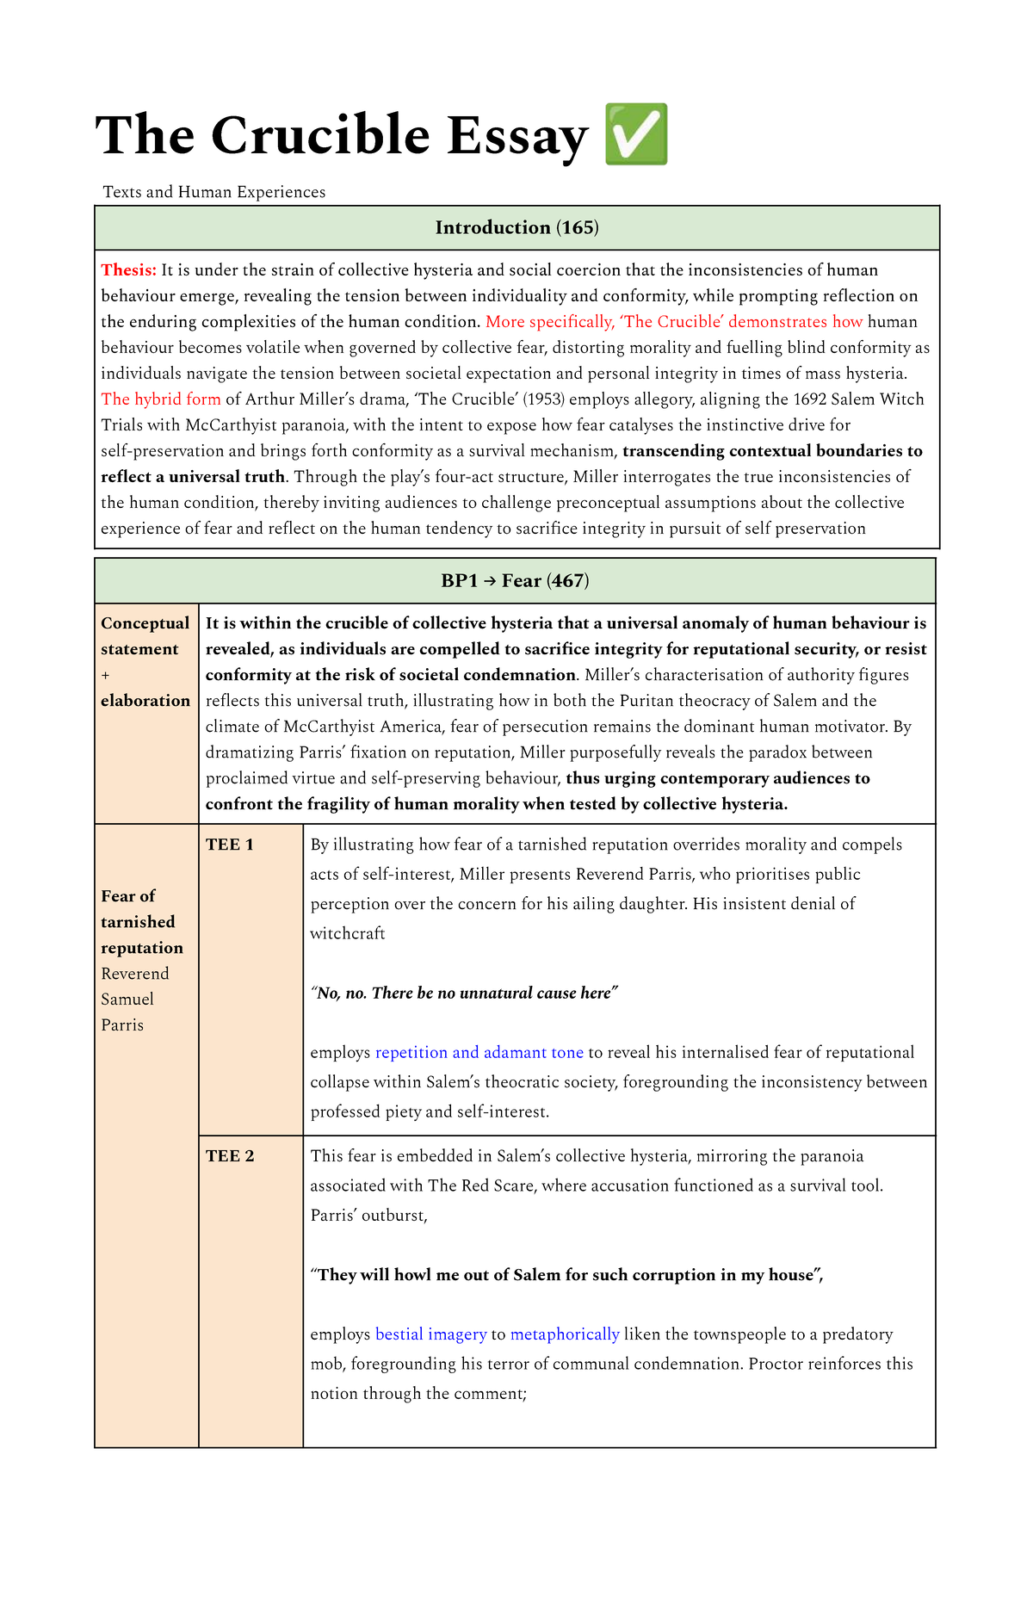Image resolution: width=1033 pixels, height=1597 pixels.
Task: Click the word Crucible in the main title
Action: tap(319, 135)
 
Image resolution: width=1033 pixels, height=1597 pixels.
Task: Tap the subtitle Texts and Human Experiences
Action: tap(213, 192)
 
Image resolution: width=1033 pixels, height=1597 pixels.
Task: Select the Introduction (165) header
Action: tap(516, 227)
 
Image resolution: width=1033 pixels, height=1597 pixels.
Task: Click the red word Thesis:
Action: tap(128, 270)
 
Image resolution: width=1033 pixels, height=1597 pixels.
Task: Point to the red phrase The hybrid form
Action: tap(160, 399)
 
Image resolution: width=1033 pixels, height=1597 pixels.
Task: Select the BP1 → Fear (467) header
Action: tap(515, 581)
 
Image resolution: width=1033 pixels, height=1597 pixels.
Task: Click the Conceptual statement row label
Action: tap(145, 636)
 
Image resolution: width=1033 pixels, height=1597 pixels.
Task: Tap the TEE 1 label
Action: tap(229, 845)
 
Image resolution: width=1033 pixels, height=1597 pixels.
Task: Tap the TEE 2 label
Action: tap(229, 1156)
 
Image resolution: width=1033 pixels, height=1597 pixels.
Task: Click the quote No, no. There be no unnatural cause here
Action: tap(464, 993)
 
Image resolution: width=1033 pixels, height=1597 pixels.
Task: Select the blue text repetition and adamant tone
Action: tap(479, 1053)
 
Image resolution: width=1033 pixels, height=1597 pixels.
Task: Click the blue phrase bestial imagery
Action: tap(430, 1334)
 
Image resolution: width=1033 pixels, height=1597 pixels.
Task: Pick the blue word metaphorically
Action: tap(564, 1334)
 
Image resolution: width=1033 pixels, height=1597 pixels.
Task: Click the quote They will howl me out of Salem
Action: tap(566, 1275)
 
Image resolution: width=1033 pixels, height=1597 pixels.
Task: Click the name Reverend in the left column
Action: tap(134, 974)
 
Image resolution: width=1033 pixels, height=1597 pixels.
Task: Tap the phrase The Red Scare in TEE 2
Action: tap(481, 1186)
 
